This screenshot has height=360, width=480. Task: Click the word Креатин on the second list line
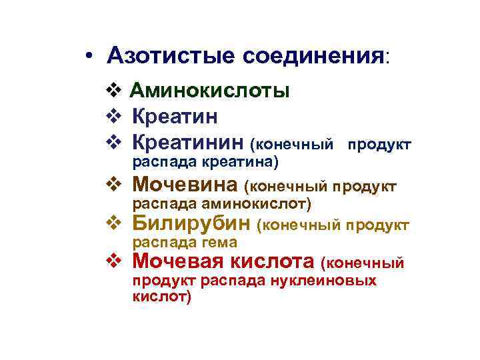click(x=175, y=117)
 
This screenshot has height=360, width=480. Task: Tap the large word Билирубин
click(x=191, y=223)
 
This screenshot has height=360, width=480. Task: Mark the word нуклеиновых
click(x=323, y=281)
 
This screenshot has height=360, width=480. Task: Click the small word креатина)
click(x=241, y=161)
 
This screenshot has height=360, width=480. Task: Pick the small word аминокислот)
click(x=266, y=202)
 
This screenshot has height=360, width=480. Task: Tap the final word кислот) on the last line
click(x=162, y=297)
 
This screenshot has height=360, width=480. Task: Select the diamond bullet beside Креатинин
click(x=112, y=142)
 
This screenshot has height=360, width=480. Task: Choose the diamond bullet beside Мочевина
click(x=112, y=183)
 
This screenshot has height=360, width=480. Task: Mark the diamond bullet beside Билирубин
click(x=112, y=223)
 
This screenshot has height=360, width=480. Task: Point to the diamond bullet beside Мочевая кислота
click(x=112, y=261)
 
